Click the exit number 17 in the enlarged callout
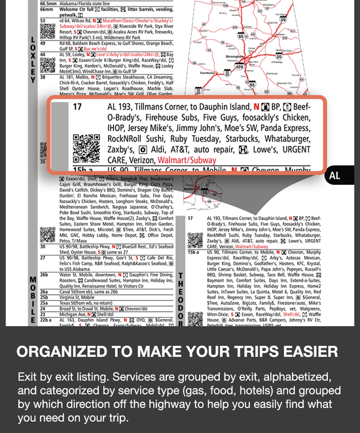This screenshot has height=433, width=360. pyautogui.click(x=78, y=107)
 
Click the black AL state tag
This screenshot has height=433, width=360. pyautogui.click(x=334, y=176)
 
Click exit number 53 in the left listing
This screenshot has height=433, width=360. pyautogui.click(x=43, y=20)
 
